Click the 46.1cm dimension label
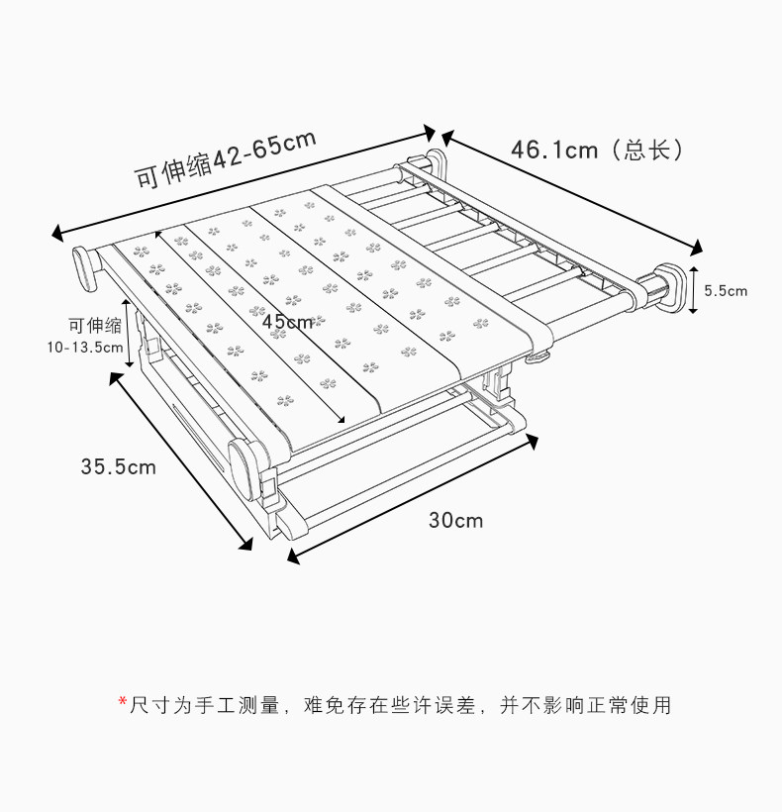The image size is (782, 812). click(x=554, y=150)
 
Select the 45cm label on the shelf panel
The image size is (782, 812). click(x=287, y=322)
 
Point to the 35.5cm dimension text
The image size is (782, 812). click(x=118, y=466)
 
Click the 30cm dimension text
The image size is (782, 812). click(x=456, y=520)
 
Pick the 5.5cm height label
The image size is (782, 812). click(x=726, y=290)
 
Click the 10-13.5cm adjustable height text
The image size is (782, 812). click(x=85, y=347)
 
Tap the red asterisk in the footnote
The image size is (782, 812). click(x=123, y=701)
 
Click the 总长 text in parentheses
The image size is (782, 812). click(x=647, y=150)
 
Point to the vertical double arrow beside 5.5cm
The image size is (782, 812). click(x=693, y=290)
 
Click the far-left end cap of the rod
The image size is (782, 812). click(x=85, y=269)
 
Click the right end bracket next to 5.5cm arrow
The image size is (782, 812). click(x=666, y=288)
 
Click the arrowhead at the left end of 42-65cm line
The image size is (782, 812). click(x=57, y=234)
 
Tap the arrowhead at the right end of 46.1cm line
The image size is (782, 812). click(x=696, y=248)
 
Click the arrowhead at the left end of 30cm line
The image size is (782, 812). click(x=293, y=557)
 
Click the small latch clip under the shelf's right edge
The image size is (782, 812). click(x=538, y=357)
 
